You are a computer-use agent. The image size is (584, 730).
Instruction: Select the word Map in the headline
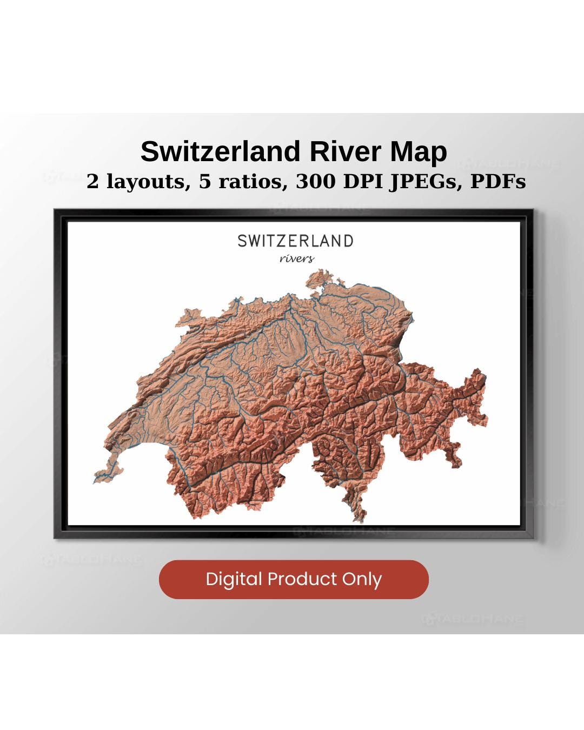click(x=420, y=151)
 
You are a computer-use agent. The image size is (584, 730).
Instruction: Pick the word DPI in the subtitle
click(x=363, y=182)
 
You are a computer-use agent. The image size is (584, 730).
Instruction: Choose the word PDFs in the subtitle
click(x=498, y=182)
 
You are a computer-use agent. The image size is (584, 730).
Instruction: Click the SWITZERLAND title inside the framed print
click(x=295, y=241)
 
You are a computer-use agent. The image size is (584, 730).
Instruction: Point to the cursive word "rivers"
click(x=297, y=258)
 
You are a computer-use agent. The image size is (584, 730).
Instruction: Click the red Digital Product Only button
click(x=294, y=579)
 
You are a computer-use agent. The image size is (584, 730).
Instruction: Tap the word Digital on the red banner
click(x=234, y=579)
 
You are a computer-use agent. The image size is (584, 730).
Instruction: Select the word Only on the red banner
click(x=362, y=579)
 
